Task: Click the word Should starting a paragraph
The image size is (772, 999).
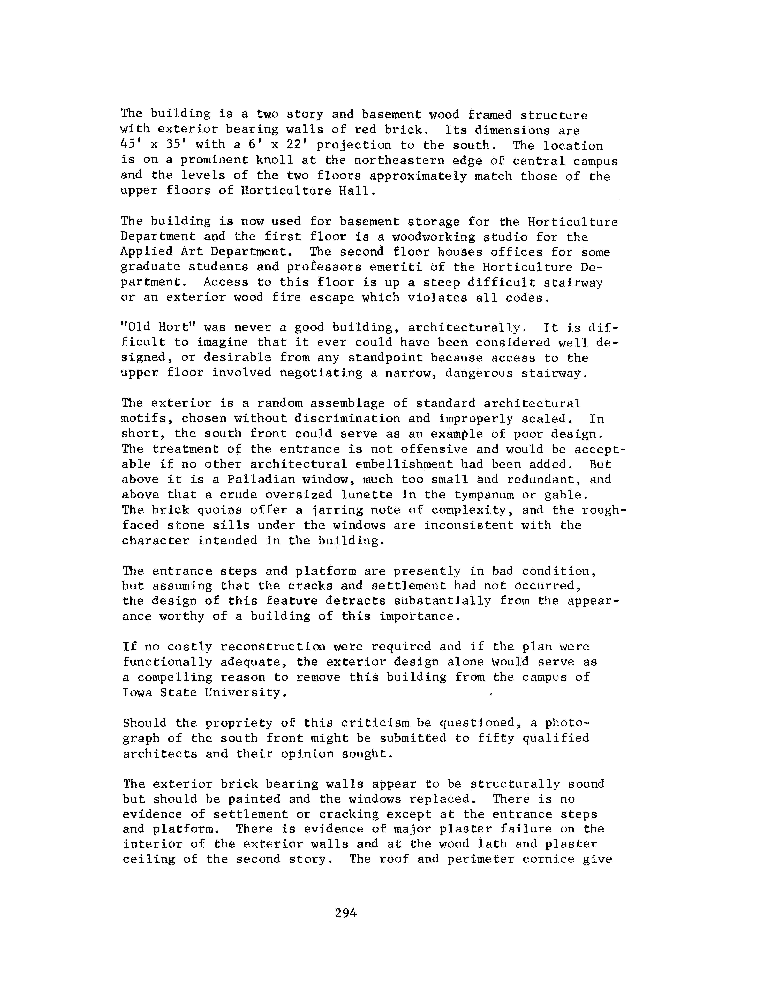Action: pos(145,723)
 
